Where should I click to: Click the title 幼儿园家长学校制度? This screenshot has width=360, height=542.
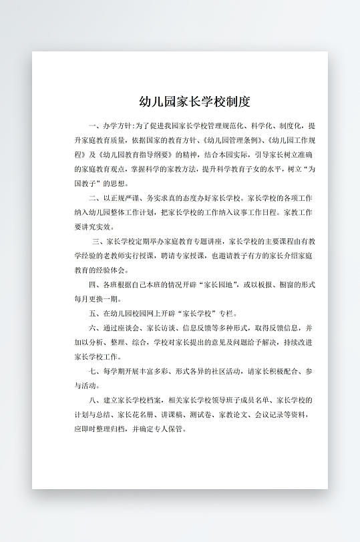click(x=194, y=102)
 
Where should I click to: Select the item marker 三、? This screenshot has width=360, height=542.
click(x=98, y=241)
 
